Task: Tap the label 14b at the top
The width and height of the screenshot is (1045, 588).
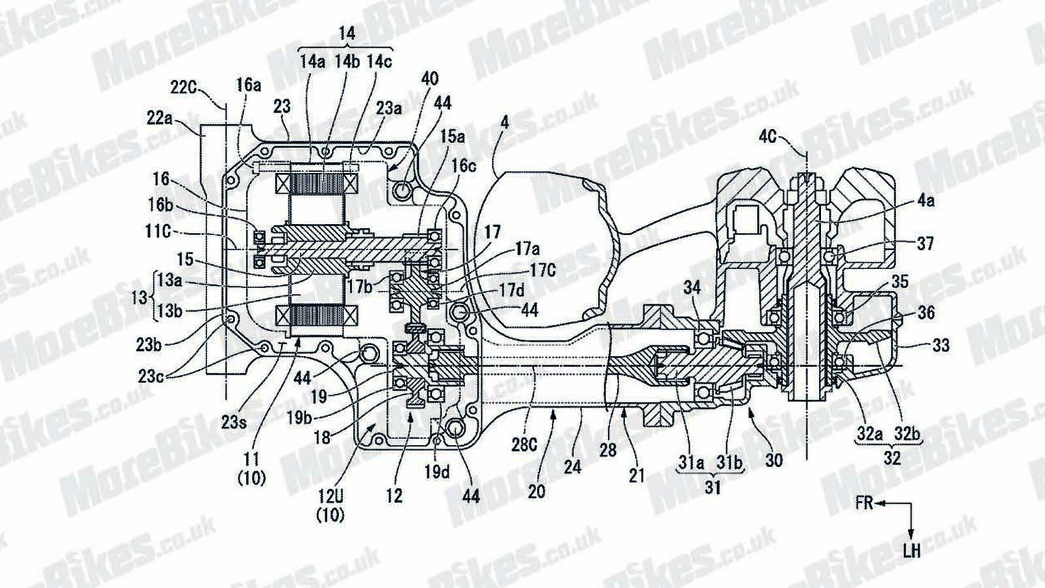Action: [347, 62]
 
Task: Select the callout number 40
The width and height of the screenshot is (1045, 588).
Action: [430, 79]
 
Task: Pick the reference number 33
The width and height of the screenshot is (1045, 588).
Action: [941, 344]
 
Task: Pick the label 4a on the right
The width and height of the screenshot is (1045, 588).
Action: [925, 201]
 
